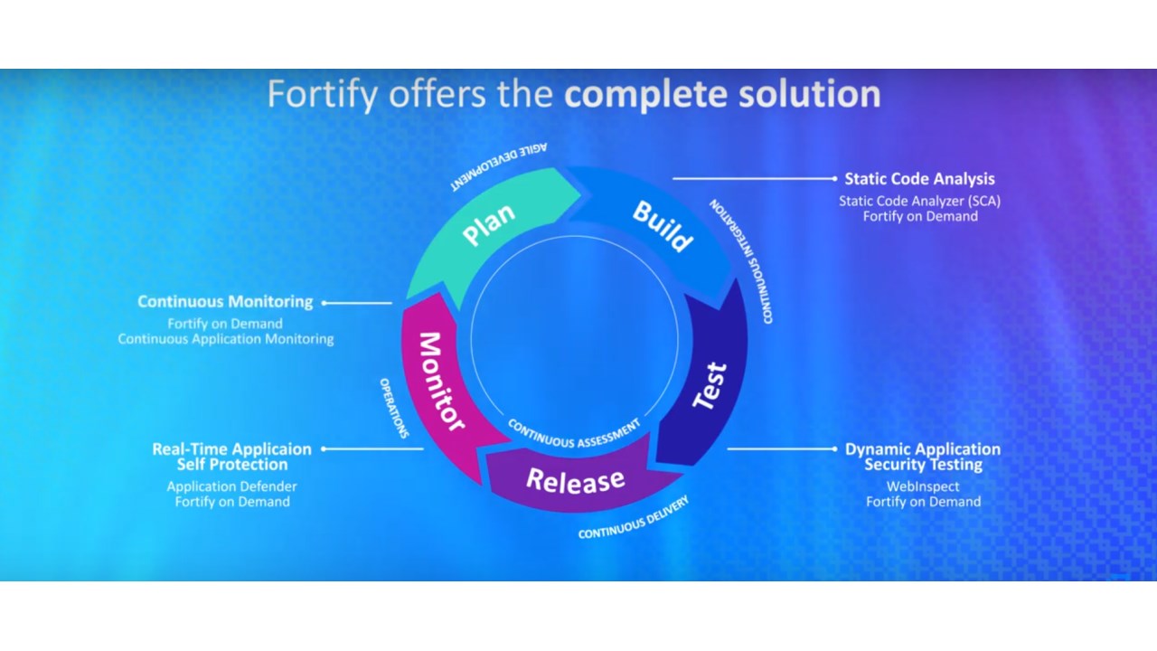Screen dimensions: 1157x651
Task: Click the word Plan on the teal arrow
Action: (x=489, y=225)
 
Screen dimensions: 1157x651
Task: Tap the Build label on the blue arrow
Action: (x=663, y=225)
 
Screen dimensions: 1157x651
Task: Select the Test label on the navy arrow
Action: (x=710, y=386)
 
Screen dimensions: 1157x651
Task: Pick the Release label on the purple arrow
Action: (x=576, y=480)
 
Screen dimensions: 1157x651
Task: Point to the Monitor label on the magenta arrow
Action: (x=440, y=381)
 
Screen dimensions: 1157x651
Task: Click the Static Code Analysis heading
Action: (x=919, y=179)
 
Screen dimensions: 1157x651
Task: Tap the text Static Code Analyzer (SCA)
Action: (x=919, y=201)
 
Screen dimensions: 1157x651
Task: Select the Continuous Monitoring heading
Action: (x=225, y=302)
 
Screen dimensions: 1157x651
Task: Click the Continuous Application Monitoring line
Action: (x=225, y=339)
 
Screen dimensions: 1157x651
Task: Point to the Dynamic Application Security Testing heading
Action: (x=922, y=457)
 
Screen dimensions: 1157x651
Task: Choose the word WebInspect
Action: (x=922, y=486)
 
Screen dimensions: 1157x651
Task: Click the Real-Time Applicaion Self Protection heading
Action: (x=231, y=457)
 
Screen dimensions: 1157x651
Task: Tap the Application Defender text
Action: (x=231, y=486)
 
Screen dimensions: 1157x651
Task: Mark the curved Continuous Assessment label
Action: (x=574, y=433)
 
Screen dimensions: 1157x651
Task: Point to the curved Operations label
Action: (x=394, y=407)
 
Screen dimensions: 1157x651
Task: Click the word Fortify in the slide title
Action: (x=322, y=95)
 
